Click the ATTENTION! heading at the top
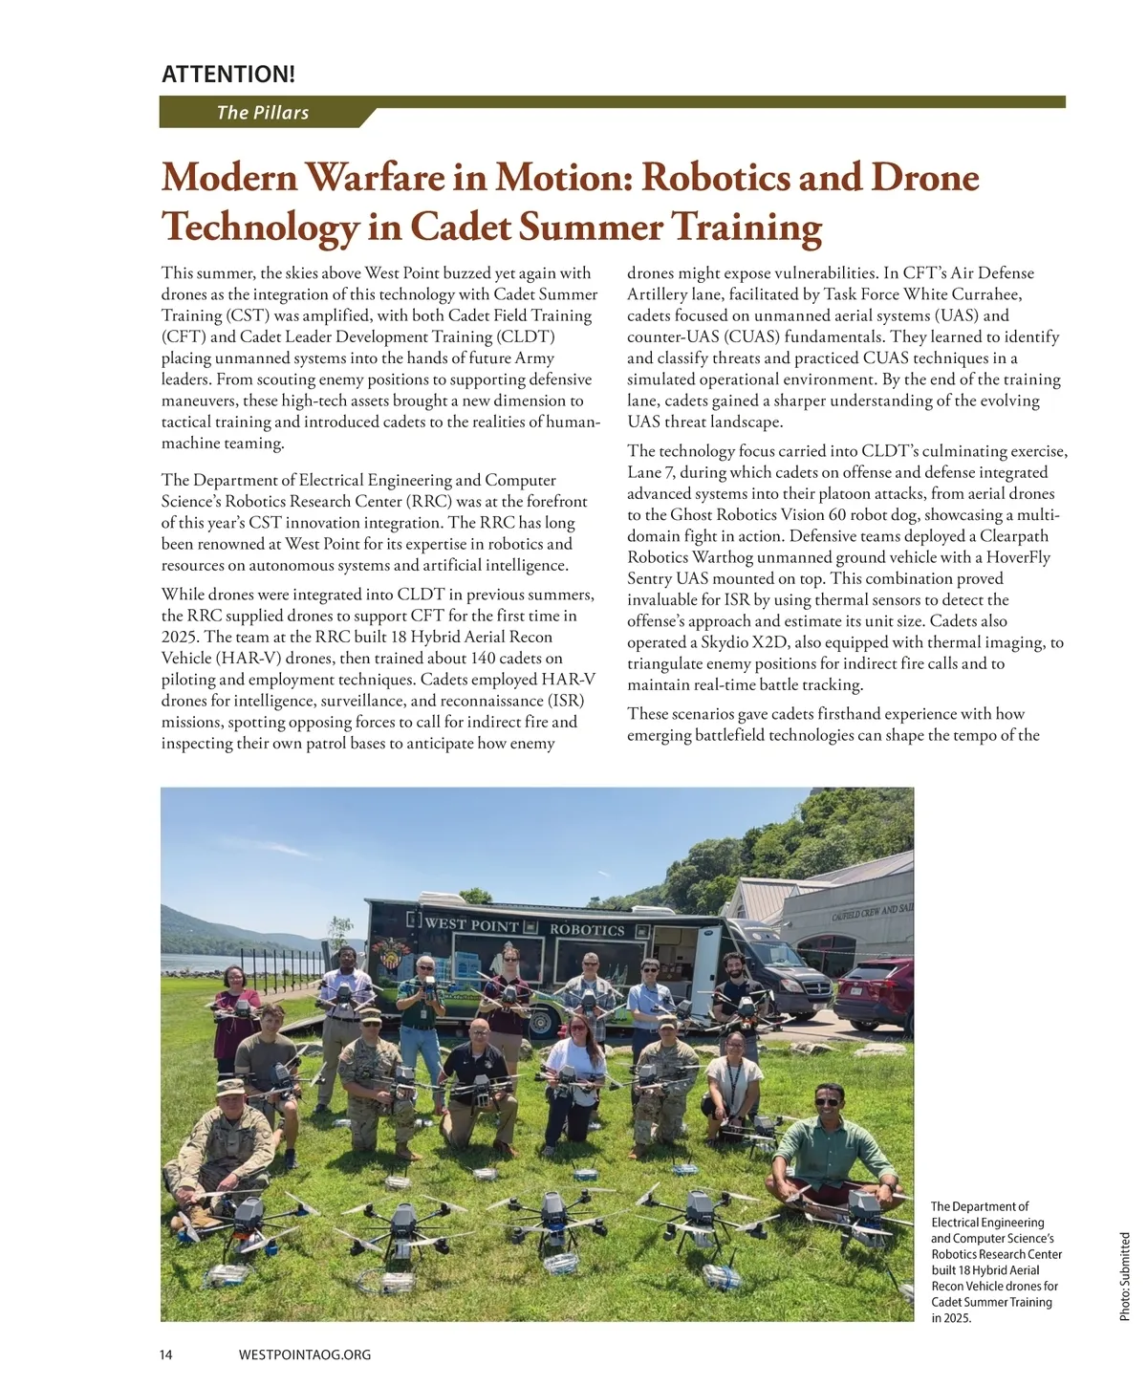[x=228, y=74]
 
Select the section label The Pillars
[x=262, y=113]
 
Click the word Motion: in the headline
[x=563, y=178]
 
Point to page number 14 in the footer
[x=166, y=1354]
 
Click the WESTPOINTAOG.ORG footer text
[x=304, y=1354]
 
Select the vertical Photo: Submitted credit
[x=1125, y=1276]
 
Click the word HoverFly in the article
[x=1016, y=557]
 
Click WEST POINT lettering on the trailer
[x=471, y=924]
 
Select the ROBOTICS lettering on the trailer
[x=587, y=929]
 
